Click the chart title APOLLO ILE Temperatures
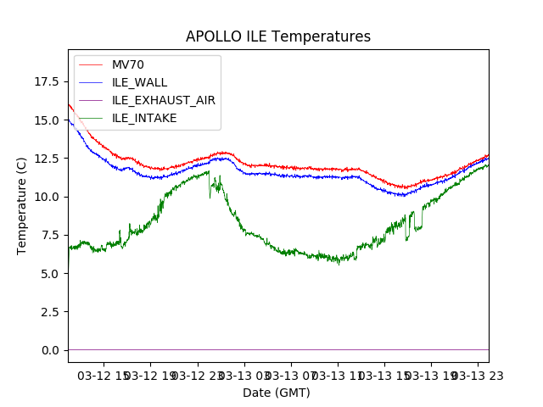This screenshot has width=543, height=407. coord(278,37)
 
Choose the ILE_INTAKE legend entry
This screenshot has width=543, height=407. coord(144,118)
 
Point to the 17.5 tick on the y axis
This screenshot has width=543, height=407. coord(46,81)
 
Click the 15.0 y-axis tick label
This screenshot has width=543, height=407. coord(46,120)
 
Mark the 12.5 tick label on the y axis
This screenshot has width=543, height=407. coord(46,159)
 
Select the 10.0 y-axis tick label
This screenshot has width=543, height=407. coord(46,197)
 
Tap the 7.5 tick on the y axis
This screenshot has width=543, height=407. coord(49,235)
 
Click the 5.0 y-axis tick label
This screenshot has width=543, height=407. coord(49,273)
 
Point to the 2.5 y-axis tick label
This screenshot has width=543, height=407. coord(49,312)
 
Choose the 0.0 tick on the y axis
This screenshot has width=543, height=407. coord(49,350)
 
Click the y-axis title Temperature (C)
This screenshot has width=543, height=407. coord(22,206)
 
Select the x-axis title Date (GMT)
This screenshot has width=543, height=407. coord(277,393)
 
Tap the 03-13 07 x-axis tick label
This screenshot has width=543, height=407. coord(289,375)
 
